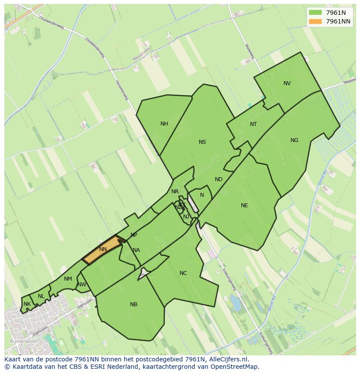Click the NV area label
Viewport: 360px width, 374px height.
coord(287,83)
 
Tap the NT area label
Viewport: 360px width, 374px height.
coord(253,124)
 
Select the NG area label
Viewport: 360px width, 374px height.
coord(294,140)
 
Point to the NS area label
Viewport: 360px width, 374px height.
coord(202,142)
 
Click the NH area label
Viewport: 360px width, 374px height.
coord(164,124)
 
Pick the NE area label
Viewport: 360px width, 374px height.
coord(244,205)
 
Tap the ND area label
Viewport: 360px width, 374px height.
coord(219,179)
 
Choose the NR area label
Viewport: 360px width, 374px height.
coord(175,192)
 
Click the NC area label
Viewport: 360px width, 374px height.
coord(183,273)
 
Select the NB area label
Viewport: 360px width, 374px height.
coord(133,304)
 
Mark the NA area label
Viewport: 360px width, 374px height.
coord(136,250)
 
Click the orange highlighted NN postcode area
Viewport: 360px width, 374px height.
coord(103,250)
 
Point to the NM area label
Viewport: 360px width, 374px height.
coord(68,279)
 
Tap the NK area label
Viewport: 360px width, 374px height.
coord(27,304)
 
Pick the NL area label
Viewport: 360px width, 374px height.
coord(41,296)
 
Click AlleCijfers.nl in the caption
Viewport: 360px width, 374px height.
coord(227,359)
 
